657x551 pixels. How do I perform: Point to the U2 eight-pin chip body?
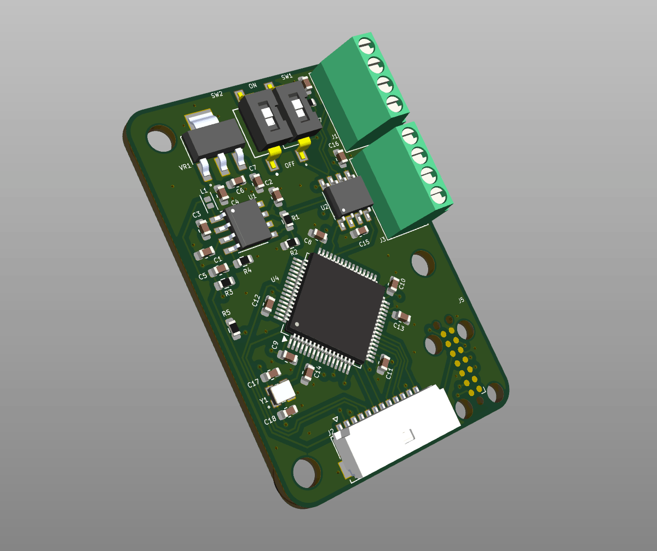point(348,195)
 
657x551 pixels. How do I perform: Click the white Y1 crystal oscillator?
point(282,392)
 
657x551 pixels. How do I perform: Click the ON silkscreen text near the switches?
point(252,86)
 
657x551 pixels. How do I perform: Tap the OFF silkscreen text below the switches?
point(290,164)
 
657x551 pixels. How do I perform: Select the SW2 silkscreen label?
point(217,95)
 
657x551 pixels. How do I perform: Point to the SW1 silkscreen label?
point(286,76)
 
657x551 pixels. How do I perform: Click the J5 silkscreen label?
point(461,300)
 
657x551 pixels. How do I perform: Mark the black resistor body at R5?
point(233,329)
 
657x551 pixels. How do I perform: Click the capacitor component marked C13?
point(401,316)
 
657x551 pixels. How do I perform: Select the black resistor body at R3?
point(225,283)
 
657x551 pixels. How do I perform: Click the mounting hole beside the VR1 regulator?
point(159,139)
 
